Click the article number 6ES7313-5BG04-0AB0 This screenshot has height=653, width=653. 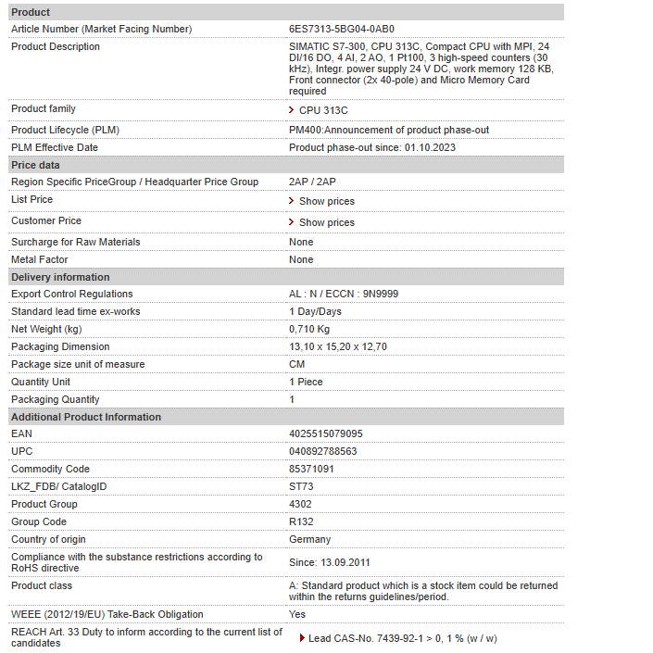click(x=341, y=29)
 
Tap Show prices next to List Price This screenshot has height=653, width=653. click(x=326, y=201)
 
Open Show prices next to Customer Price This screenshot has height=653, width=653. click(x=326, y=222)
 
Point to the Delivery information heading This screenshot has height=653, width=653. click(x=60, y=277)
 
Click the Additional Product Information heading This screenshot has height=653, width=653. click(x=86, y=417)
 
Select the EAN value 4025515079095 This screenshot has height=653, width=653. click(x=326, y=433)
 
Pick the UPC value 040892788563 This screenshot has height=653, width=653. click(x=323, y=451)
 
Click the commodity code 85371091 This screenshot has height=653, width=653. click(x=312, y=469)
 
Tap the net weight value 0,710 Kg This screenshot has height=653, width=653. click(x=309, y=329)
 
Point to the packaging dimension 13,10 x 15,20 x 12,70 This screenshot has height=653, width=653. click(x=338, y=346)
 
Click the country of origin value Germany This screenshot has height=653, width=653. click(x=309, y=539)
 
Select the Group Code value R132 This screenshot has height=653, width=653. click(x=301, y=521)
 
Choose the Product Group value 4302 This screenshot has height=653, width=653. click(x=301, y=504)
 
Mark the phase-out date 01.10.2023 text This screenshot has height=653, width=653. click(x=430, y=147)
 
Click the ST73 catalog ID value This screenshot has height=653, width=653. click(x=301, y=486)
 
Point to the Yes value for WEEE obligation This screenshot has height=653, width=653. click(x=297, y=614)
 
